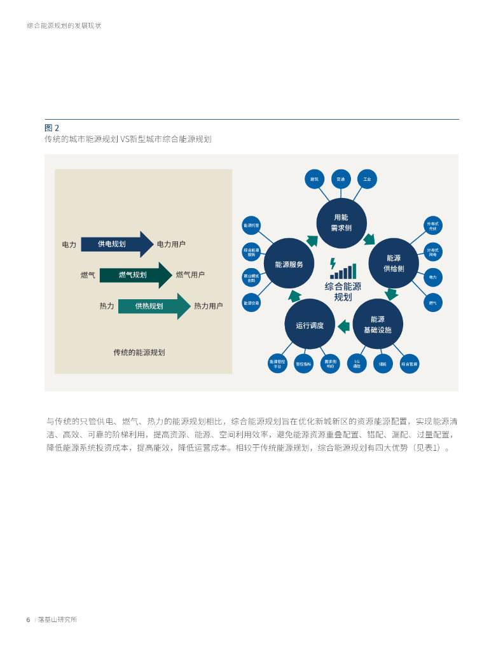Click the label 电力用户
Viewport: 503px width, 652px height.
(171, 244)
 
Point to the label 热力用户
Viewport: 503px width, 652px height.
(208, 306)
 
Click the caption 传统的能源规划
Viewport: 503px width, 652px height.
(139, 352)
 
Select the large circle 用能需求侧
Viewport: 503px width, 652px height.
(341, 222)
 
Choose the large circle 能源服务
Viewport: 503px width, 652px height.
(289, 264)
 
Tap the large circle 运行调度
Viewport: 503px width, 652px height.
(310, 325)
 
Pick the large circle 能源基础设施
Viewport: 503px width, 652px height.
(378, 324)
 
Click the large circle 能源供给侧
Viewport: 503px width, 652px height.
(394, 263)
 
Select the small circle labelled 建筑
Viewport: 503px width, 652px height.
(314, 179)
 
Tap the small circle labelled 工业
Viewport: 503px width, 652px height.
(367, 179)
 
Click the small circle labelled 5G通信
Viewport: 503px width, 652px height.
(357, 364)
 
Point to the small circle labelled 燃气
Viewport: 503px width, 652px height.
(432, 302)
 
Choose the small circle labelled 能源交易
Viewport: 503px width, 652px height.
(251, 303)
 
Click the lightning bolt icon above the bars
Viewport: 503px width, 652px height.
(333, 263)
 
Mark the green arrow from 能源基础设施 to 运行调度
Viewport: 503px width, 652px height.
(343, 326)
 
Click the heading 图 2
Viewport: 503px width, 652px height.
(52, 127)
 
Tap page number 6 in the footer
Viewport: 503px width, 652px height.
(28, 620)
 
